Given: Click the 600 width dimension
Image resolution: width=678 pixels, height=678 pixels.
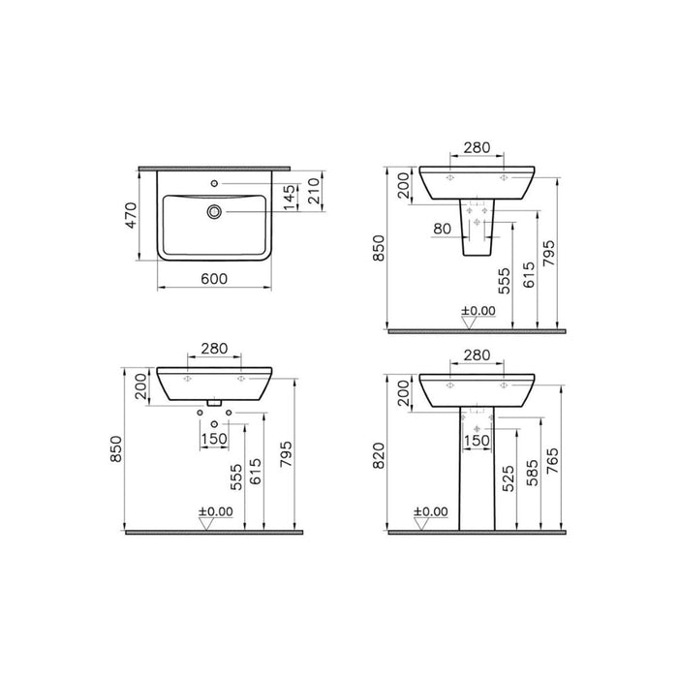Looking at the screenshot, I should [x=214, y=278].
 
